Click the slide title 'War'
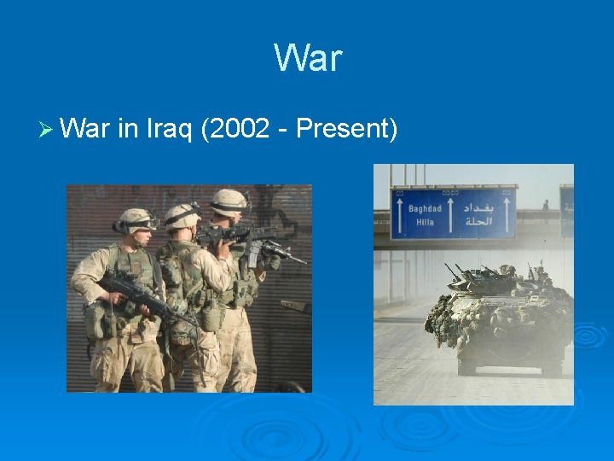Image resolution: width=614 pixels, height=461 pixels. tap(307, 58)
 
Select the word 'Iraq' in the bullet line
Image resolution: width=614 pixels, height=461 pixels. tap(162, 129)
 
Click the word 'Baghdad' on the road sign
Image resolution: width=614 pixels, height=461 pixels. tap(424, 208)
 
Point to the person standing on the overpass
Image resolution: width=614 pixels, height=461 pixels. tap(545, 206)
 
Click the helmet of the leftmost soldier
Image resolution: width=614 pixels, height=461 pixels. tap(136, 219)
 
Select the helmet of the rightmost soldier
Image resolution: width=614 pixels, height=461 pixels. tap(229, 201)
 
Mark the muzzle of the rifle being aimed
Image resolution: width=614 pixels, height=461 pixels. tap(302, 261)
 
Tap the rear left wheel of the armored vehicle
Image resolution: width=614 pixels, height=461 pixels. tap(466, 365)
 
